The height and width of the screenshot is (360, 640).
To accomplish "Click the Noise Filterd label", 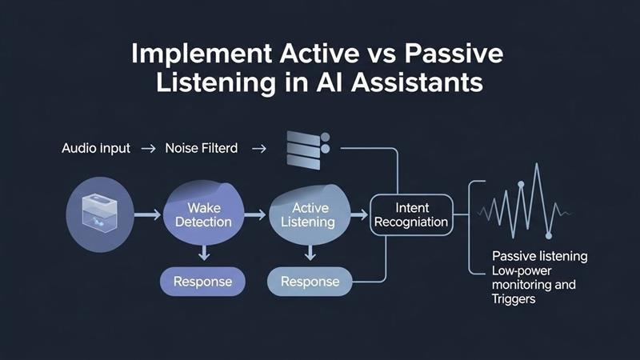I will click(x=201, y=149).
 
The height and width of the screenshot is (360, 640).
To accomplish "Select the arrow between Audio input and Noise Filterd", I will click(x=147, y=149).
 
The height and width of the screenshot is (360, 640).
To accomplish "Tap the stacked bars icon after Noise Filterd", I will click(x=307, y=149).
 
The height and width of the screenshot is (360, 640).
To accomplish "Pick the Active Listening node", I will click(x=307, y=214).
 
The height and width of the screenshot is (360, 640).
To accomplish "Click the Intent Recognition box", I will click(x=411, y=214).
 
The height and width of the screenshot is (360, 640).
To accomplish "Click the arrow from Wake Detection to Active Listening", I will click(x=254, y=214).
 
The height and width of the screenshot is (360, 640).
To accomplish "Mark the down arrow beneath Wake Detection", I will click(x=205, y=252).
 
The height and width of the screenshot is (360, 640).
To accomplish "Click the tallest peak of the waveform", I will click(x=537, y=167).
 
